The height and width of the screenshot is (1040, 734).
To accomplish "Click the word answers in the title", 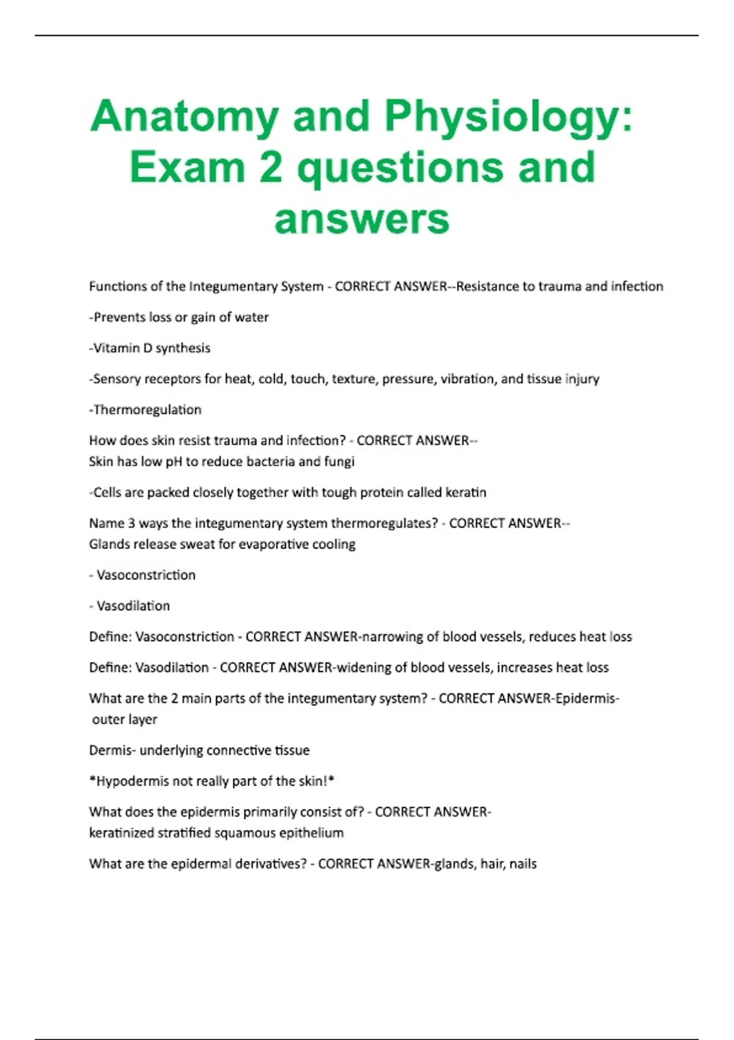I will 362,218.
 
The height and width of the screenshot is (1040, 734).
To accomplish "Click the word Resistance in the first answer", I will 488,286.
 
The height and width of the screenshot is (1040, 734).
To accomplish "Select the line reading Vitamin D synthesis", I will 150,348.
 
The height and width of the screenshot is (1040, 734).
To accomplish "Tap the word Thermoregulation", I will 147,410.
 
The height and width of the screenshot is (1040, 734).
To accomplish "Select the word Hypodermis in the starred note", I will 132,781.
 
